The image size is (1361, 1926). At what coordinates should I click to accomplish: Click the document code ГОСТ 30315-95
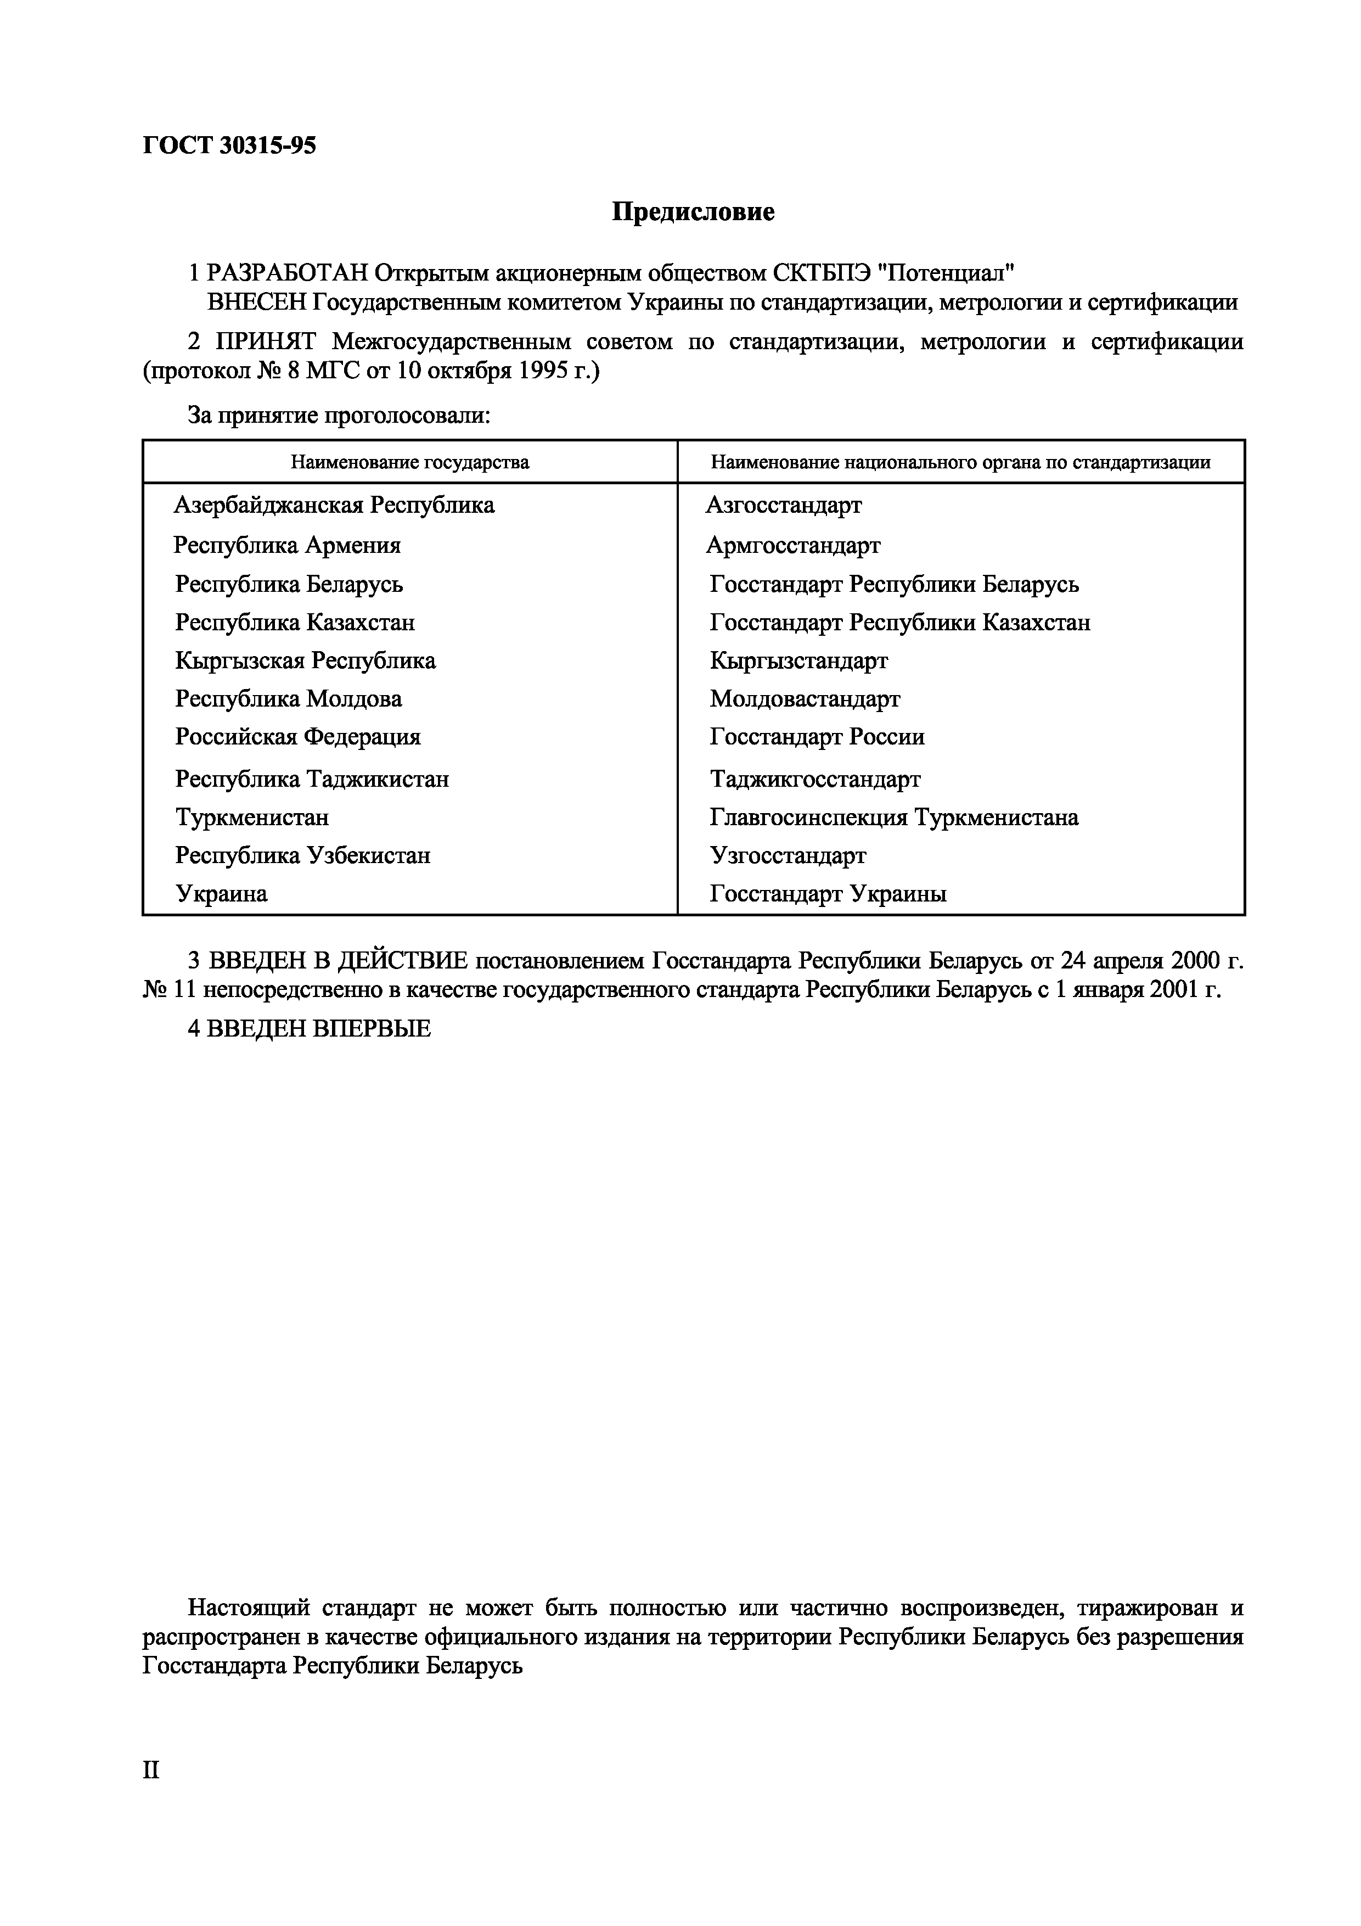click(229, 146)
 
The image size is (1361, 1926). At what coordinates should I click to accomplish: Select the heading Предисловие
click(693, 212)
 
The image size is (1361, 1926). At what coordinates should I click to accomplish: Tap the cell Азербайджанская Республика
click(334, 505)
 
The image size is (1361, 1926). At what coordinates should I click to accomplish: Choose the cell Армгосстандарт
click(792, 545)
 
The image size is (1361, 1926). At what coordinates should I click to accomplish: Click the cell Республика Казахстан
click(294, 623)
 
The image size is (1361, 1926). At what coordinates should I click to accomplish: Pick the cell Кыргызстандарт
click(798, 661)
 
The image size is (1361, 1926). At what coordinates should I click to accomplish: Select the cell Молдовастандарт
click(804, 699)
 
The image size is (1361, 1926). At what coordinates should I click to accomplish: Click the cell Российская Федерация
click(297, 736)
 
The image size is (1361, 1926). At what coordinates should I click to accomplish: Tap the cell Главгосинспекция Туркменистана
click(893, 817)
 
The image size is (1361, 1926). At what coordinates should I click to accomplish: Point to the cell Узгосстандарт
click(788, 855)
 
